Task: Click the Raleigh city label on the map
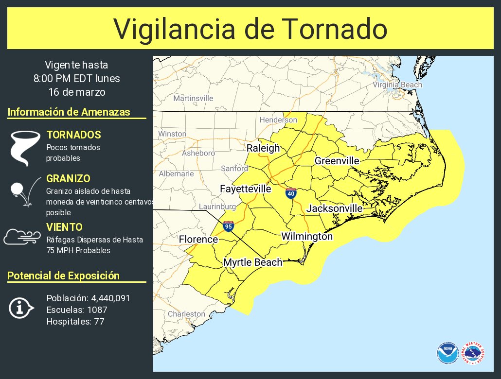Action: [263, 148]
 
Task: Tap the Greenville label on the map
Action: [337, 161]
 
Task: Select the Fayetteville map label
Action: [245, 189]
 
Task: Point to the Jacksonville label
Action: [334, 208]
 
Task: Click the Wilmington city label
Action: [307, 237]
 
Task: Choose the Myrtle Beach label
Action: [252, 262]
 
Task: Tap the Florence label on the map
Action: [198, 240]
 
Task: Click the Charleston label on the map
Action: [186, 314]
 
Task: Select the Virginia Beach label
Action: [397, 85]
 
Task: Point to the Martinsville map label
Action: [193, 98]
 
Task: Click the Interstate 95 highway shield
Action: [228, 226]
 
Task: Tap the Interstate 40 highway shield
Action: [291, 193]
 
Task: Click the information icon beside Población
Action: [21, 308]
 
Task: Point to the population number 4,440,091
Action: [110, 298]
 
